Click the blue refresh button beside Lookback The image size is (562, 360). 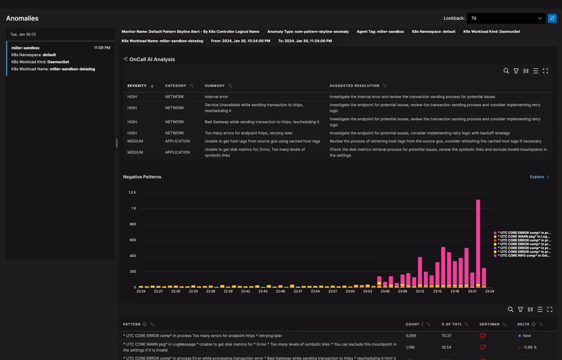point(552,18)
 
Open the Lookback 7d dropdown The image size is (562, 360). point(506,18)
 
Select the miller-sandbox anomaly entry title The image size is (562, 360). point(25,48)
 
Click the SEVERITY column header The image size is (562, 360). point(137,86)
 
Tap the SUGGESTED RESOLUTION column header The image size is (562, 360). point(354,86)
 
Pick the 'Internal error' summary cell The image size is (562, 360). point(216,97)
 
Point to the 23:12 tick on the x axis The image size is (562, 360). point(420,291)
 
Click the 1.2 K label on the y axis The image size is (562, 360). point(132,193)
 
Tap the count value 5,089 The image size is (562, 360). point(410,336)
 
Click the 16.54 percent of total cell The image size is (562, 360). point(446,347)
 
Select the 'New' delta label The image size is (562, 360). point(526,336)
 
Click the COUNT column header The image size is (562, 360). point(412,324)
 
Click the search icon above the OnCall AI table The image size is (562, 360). point(506,71)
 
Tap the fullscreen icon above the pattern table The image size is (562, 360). point(550,310)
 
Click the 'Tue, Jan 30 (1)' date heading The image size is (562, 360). point(23,34)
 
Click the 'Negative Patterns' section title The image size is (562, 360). point(142,177)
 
